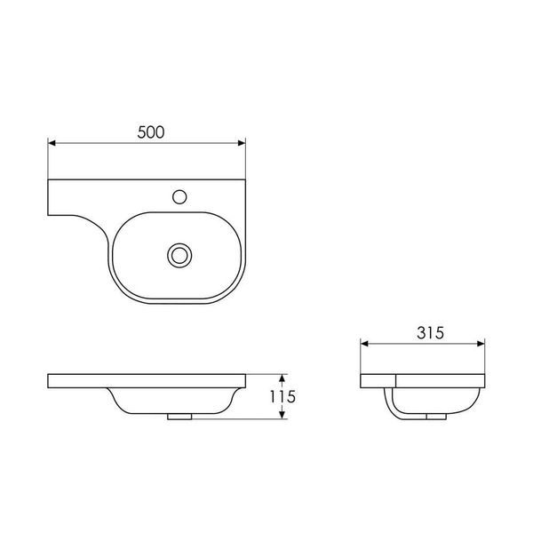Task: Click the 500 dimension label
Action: [151, 132]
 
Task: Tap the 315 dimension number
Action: [430, 333]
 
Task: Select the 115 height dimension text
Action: [282, 396]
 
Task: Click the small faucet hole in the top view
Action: [179, 197]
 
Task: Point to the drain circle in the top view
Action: [179, 255]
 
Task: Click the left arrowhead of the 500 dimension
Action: [52, 143]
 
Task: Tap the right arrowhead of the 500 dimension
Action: [242, 143]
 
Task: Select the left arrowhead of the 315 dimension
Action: [364, 344]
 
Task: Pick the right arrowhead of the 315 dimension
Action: [481, 344]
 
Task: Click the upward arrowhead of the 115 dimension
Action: [282, 378]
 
